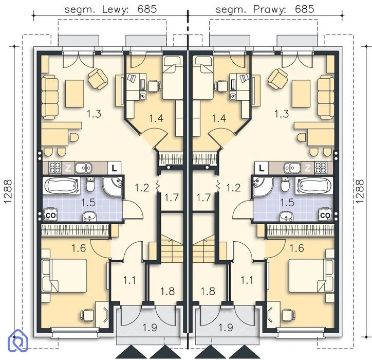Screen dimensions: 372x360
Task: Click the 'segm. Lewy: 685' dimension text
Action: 111,9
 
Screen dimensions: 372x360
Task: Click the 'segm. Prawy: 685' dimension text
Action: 265,9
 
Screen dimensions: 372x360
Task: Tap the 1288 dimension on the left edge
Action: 8,191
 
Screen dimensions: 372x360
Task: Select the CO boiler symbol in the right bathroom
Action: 325,214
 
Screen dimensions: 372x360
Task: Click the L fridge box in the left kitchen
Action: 115,168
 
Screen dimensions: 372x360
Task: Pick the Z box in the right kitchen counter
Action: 308,168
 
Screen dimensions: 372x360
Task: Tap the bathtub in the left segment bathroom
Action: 62,186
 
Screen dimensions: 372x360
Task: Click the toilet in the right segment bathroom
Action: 285,184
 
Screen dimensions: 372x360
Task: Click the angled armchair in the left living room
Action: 98,79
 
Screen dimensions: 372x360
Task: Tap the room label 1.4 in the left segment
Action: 156,118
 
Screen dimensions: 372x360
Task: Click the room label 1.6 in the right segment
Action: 297,248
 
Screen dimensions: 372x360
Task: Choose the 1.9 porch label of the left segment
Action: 150,328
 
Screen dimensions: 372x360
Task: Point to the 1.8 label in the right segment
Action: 208,291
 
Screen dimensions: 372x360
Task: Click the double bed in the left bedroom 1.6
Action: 64,276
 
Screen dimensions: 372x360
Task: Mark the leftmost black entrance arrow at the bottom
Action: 130,352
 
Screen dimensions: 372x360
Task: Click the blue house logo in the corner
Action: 18,340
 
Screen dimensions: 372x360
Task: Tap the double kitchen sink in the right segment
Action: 292,168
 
